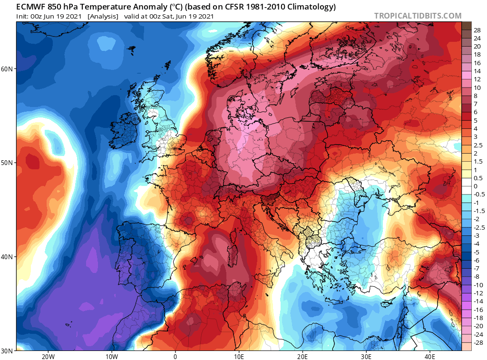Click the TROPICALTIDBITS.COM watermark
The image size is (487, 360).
[418, 16]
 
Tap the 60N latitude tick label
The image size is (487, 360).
[8, 69]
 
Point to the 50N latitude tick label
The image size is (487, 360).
[8, 163]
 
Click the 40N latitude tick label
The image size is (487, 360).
[8, 257]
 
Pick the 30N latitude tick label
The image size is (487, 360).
[8, 350]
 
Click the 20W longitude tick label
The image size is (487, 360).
[48, 356]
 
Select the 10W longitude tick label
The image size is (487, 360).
[111, 356]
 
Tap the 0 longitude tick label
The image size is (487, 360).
[175, 356]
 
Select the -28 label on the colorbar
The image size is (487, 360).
[476, 342]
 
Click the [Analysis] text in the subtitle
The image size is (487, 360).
[103, 16]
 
